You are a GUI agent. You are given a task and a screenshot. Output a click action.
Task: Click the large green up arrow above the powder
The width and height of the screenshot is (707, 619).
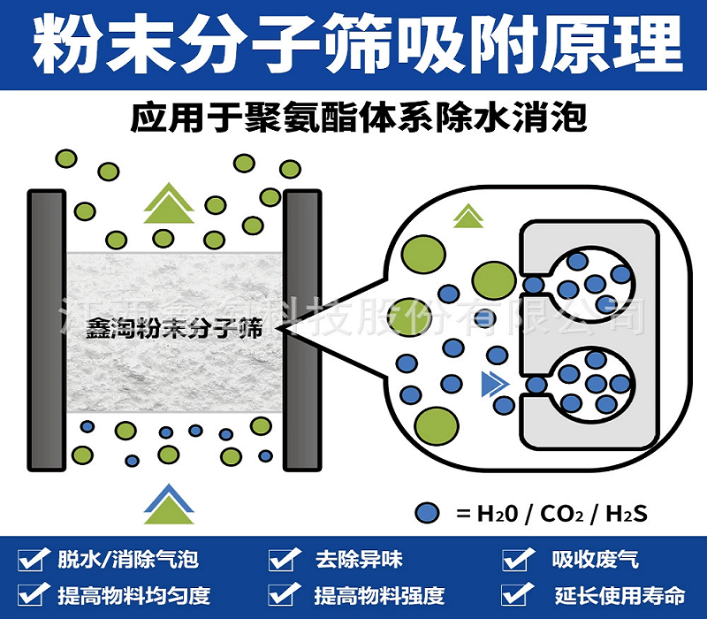point(168,203)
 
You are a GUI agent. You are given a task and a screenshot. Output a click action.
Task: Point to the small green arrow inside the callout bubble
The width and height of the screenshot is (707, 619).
point(468,215)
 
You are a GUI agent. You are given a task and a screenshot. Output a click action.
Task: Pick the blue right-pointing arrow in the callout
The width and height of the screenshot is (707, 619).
point(490,384)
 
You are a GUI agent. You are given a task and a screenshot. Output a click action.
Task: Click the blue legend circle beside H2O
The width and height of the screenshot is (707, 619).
point(428,512)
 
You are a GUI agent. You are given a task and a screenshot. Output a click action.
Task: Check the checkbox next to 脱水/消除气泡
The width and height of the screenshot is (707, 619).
point(34,559)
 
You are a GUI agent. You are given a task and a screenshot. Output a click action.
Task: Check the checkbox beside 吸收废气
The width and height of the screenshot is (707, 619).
point(515,559)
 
